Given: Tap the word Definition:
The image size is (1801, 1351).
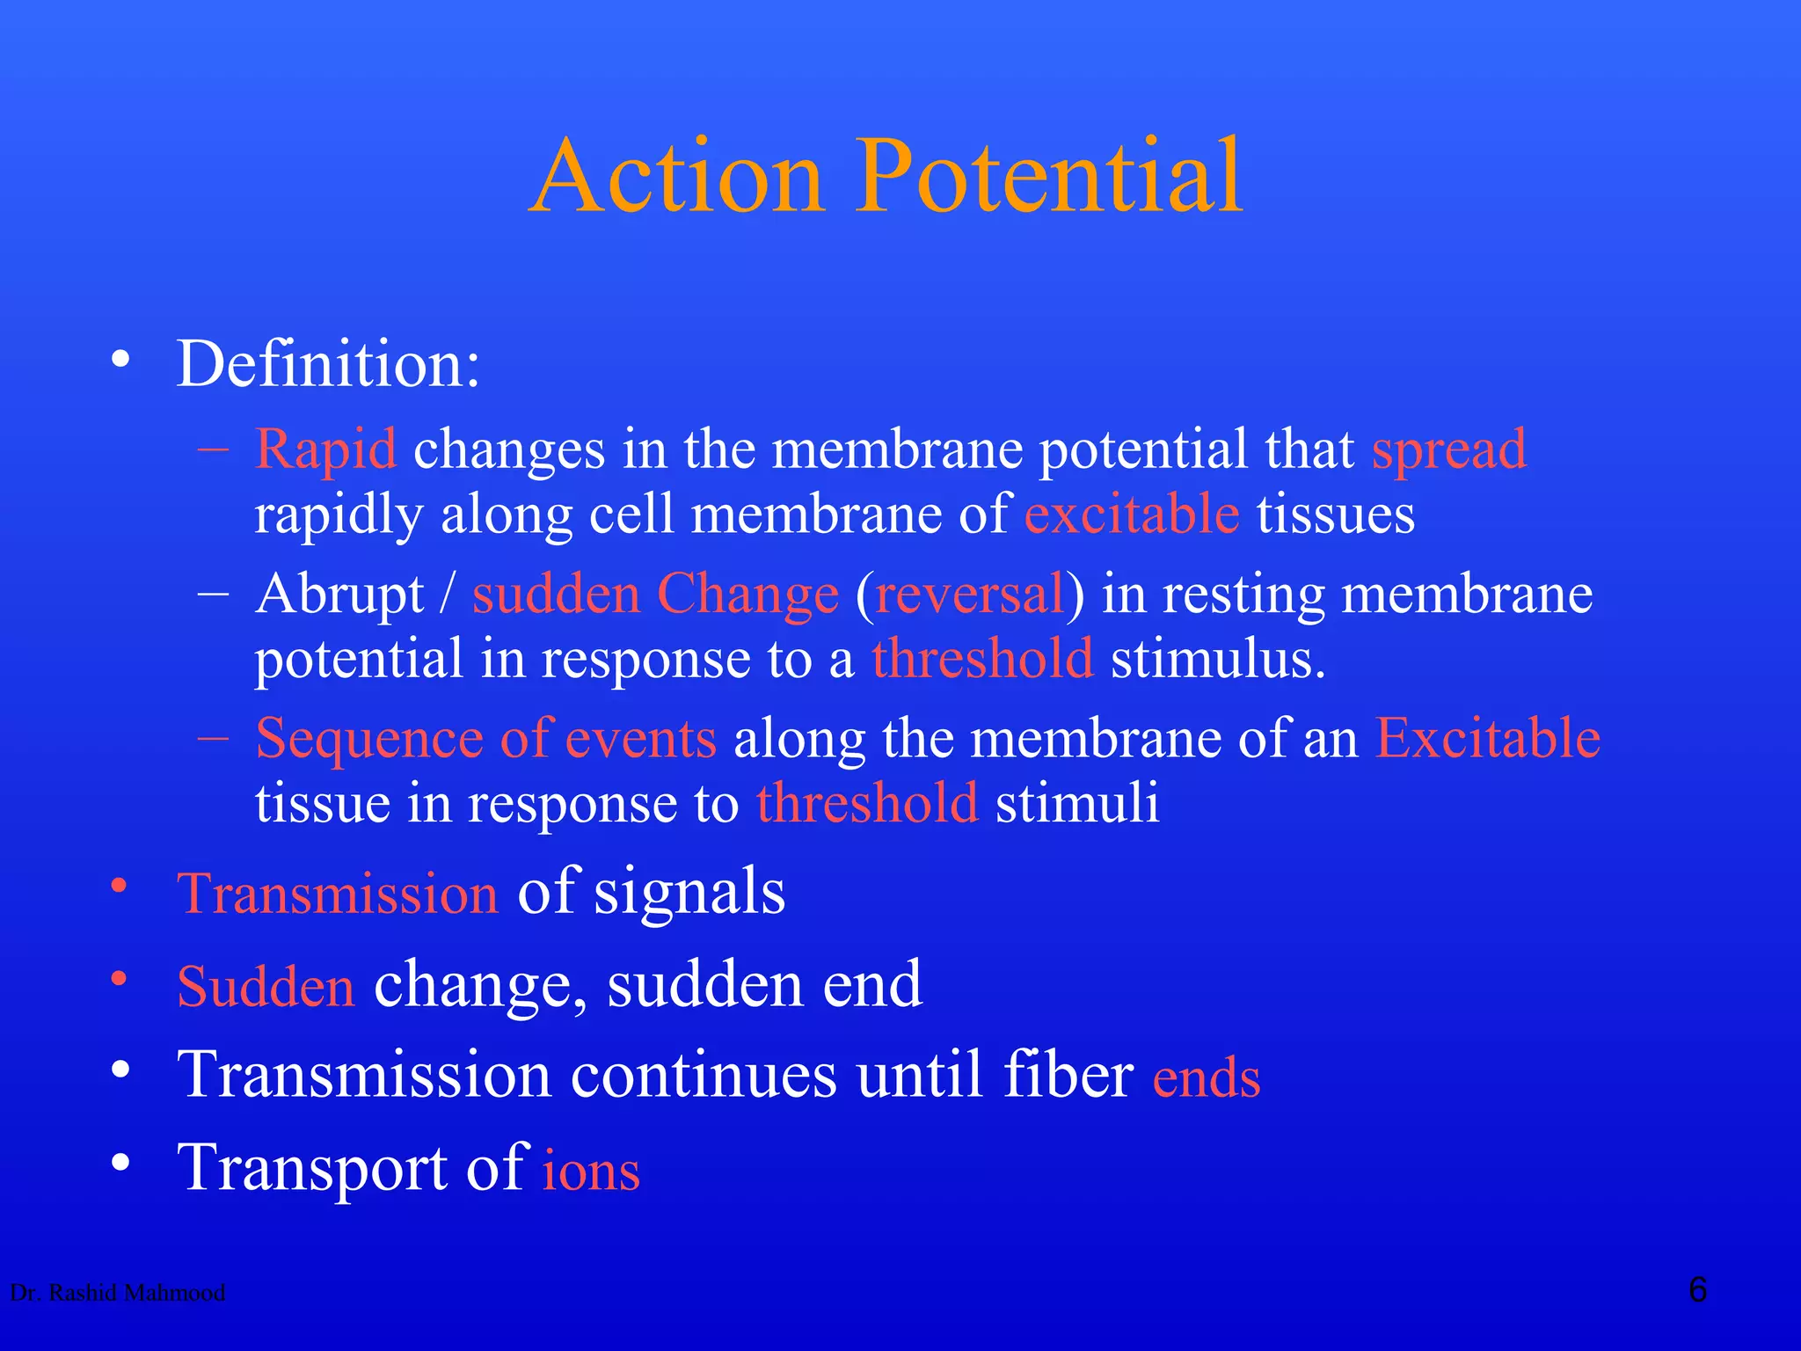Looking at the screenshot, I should tap(328, 364).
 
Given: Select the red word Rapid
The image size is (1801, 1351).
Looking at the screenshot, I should tap(325, 450).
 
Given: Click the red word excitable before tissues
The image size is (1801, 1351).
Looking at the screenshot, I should tap(1132, 515).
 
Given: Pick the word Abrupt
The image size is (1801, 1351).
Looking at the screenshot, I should tap(340, 595).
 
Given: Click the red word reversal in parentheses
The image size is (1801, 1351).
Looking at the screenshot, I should tap(970, 595).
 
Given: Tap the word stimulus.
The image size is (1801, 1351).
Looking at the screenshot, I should tap(1217, 660).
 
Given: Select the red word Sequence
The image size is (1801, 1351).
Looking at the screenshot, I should tap(369, 740).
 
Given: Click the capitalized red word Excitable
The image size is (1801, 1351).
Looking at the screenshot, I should tap(1487, 738).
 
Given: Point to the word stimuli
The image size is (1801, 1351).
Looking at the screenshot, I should tap(1076, 803).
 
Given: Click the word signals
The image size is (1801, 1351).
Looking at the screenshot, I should tap(689, 893).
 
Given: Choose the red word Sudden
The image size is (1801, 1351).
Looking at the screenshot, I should tap(266, 986).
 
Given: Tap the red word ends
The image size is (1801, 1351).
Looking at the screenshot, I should tap(1207, 1078).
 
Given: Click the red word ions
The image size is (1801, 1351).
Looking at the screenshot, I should tap(591, 1172).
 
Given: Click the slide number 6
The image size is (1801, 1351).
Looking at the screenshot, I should tap(1697, 1290).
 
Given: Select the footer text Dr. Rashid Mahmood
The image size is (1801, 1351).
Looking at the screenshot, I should tap(117, 1292).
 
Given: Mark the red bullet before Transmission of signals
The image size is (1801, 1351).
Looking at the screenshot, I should tap(120, 886).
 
